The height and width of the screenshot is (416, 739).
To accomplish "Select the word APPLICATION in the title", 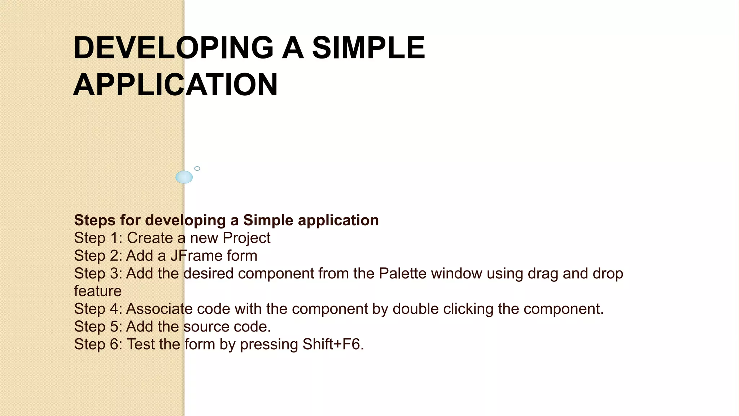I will click(175, 85).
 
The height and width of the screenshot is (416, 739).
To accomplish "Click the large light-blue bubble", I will click(184, 177).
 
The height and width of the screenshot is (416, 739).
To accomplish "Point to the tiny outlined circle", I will click(197, 169).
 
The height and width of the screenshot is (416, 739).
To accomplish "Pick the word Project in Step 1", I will click(246, 238).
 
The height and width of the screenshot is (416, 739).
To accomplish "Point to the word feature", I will click(98, 291).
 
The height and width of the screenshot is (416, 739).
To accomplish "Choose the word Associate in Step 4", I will click(159, 309).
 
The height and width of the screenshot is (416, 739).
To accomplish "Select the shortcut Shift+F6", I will click(333, 344).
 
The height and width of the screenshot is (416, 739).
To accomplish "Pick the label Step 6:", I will click(98, 344).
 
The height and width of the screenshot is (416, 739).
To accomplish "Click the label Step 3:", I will click(98, 273).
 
